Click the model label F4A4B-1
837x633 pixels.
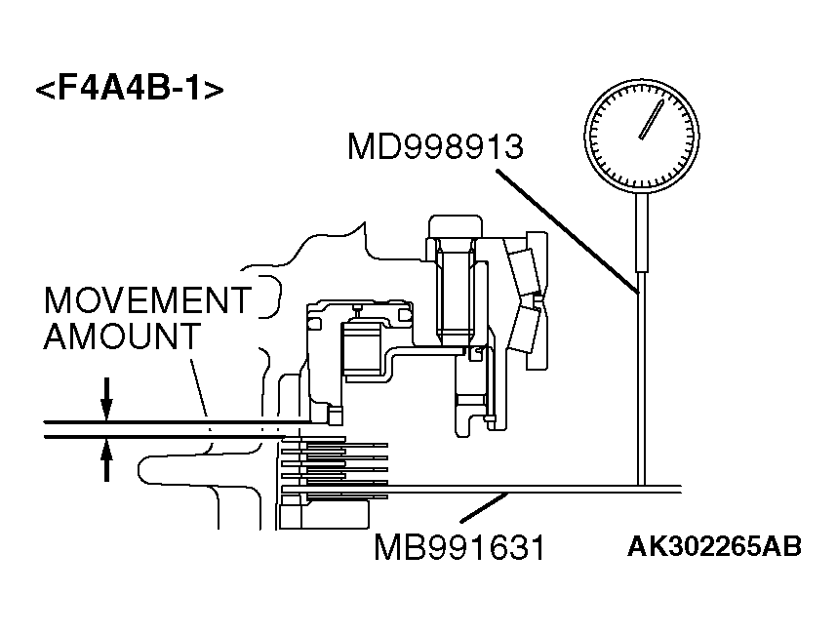pyautogui.click(x=130, y=90)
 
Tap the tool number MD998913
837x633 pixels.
pyautogui.click(x=435, y=148)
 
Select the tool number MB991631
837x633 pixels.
pyautogui.click(x=458, y=547)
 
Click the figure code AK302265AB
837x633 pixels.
pyautogui.click(x=714, y=546)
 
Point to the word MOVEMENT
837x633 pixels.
pyautogui.click(x=147, y=300)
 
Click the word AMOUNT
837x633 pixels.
pyautogui.click(x=122, y=337)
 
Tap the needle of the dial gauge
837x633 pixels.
pyautogui.click(x=647, y=119)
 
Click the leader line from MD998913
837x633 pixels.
pyautogui.click(x=566, y=230)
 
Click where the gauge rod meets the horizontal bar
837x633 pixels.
pyautogui.click(x=642, y=485)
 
